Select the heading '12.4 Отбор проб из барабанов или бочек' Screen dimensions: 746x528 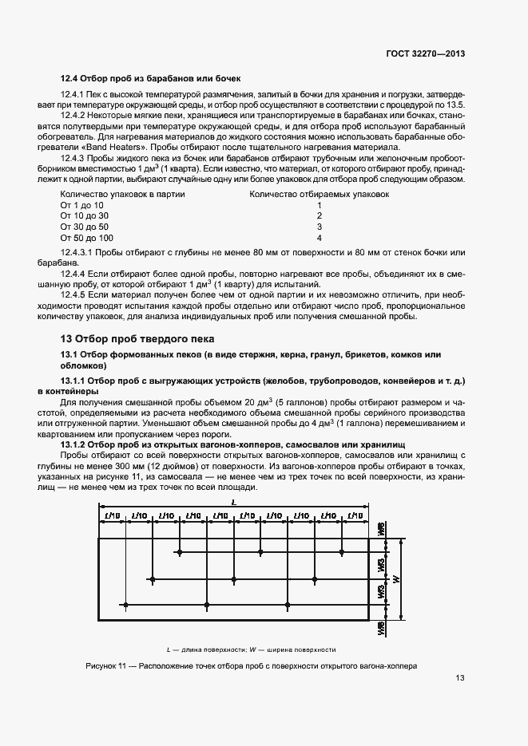point(150,78)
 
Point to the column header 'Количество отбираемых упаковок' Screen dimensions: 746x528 point(320,194)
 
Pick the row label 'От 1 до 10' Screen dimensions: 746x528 point(82,205)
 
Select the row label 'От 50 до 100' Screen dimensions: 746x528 point(87,238)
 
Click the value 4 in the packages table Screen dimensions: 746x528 point(319,238)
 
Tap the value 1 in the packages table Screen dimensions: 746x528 point(319,205)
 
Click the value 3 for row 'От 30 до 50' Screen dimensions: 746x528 point(319,227)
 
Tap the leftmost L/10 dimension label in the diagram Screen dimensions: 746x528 point(112,517)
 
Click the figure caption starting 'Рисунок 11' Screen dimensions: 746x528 point(252,665)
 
